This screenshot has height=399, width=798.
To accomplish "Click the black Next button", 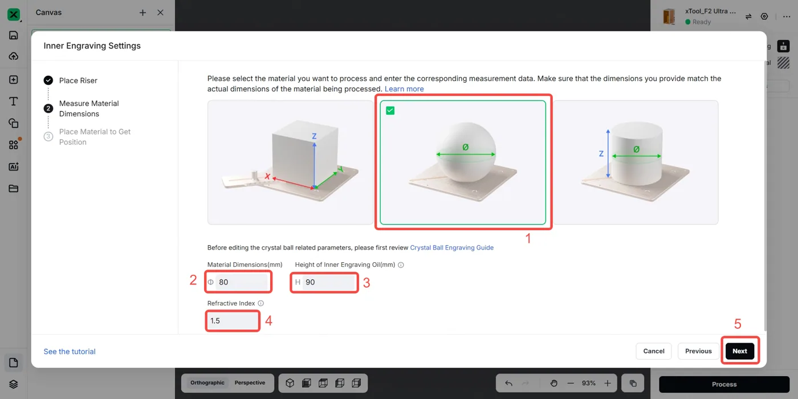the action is tap(740, 351).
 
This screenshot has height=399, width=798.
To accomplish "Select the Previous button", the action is tap(698, 351).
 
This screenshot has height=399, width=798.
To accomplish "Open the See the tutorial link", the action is tap(70, 351).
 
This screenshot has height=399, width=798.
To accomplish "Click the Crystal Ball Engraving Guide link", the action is tap(451, 247).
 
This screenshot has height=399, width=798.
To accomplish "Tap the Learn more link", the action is tap(404, 89).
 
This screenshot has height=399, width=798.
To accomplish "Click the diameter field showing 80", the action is tap(238, 282).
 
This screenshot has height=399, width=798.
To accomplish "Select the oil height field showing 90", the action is tap(324, 282).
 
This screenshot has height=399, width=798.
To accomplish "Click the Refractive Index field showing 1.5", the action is tap(233, 320).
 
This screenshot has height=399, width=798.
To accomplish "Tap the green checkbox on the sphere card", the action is tap(390, 111).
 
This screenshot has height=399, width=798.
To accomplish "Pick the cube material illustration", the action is tap(290, 162).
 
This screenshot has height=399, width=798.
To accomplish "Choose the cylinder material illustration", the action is tap(636, 162).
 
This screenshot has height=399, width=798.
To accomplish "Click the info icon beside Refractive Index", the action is tap(261, 303).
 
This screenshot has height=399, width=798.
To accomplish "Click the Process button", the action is tap(724, 384).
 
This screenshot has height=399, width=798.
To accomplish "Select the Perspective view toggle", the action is tap(250, 382).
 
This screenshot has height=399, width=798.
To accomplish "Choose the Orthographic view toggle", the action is tap(207, 382).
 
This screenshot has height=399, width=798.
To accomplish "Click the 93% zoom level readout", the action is tap(588, 383).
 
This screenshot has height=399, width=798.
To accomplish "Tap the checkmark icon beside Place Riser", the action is tap(48, 80).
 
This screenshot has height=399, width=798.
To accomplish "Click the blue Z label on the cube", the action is tap(314, 136).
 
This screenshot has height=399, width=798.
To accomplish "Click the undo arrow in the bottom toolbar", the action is tap(508, 383).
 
